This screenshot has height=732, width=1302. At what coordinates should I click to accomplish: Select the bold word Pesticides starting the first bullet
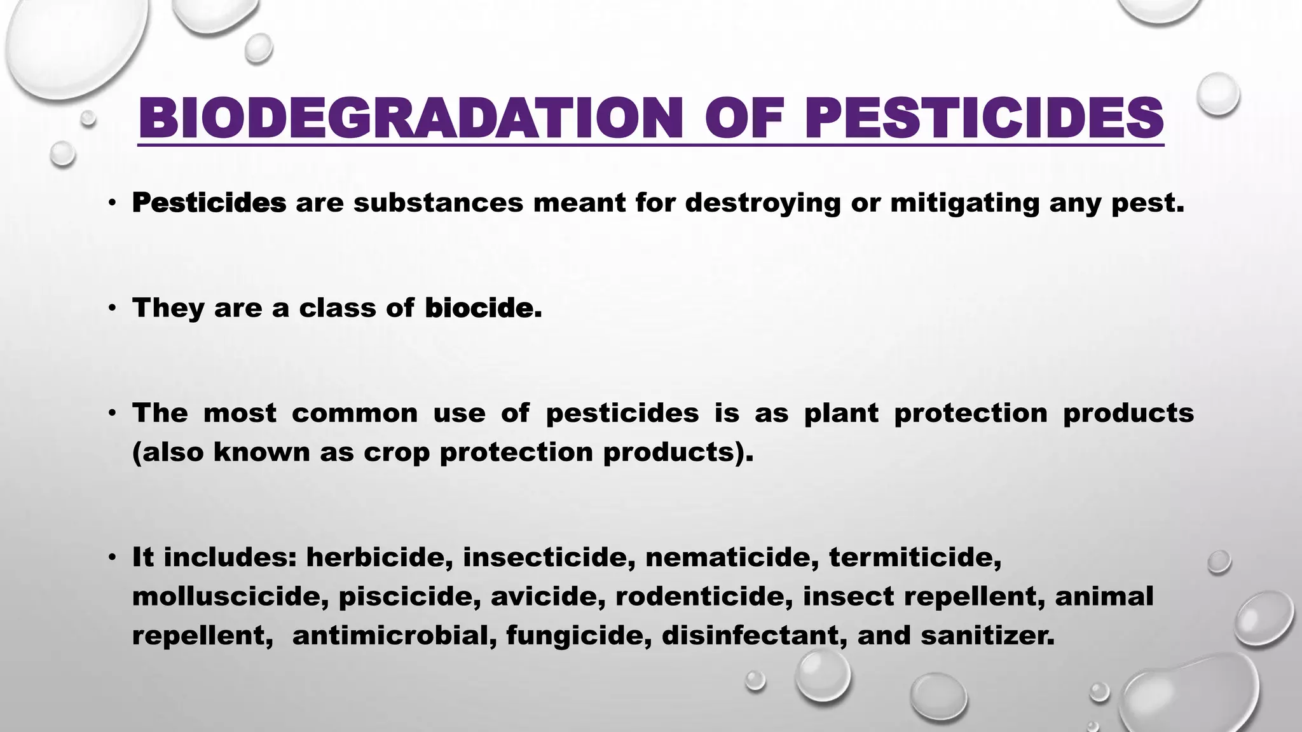click(209, 203)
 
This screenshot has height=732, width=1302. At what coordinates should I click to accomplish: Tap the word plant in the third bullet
click(841, 413)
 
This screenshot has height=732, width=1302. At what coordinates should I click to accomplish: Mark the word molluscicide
click(230, 597)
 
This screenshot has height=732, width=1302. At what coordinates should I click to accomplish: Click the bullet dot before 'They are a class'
click(112, 309)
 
